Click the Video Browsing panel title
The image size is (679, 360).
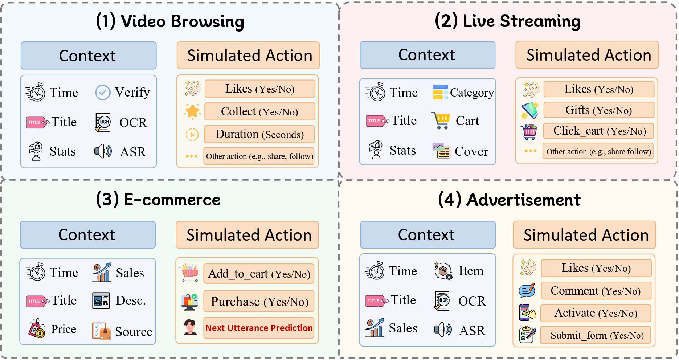coord(170,21)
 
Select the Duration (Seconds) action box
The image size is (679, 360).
coord(259,134)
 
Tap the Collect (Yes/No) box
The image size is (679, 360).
coord(259,111)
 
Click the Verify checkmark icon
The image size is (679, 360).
coord(103,93)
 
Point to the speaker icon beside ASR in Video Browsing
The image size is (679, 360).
coord(103,151)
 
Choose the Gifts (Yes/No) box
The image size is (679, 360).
coord(598,110)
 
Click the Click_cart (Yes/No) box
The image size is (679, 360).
coord(598,131)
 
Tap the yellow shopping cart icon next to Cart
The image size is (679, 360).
coord(441,120)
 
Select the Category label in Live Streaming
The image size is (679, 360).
coord(472,93)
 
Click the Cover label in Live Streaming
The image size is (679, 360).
coord(471,151)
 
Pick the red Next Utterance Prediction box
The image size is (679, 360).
coord(259,328)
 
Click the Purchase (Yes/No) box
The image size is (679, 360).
coord(259,301)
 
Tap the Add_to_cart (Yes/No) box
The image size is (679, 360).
coord(259,274)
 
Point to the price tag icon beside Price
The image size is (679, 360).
coord(37,329)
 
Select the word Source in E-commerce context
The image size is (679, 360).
coord(134,332)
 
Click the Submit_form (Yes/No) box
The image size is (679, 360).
coord(597,335)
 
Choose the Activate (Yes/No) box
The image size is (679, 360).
coord(596,313)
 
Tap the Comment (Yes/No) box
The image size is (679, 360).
coord(596,291)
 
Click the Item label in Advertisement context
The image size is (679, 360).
coord(471,271)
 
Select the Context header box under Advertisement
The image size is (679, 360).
coord(428,235)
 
